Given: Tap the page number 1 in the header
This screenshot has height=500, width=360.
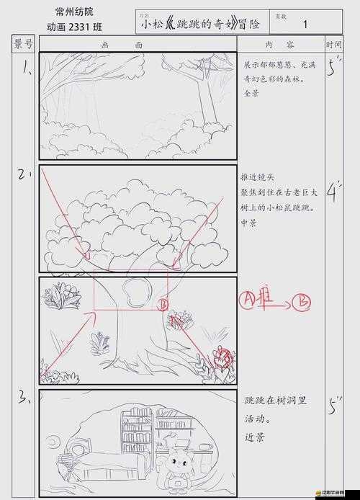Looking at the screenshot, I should (305, 24).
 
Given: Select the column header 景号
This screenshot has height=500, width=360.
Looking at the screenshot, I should (24, 44).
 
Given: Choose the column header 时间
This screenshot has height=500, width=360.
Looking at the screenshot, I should (334, 44).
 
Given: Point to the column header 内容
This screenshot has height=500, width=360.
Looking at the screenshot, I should (281, 44).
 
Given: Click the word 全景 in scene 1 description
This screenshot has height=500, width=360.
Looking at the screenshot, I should (251, 94).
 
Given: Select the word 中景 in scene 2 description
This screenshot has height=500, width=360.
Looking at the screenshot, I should (248, 223).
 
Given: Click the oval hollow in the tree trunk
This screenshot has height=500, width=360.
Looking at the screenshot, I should (135, 292).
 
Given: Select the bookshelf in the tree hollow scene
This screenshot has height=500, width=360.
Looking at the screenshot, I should (137, 432).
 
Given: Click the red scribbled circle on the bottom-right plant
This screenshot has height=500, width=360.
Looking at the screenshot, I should (225, 356).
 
